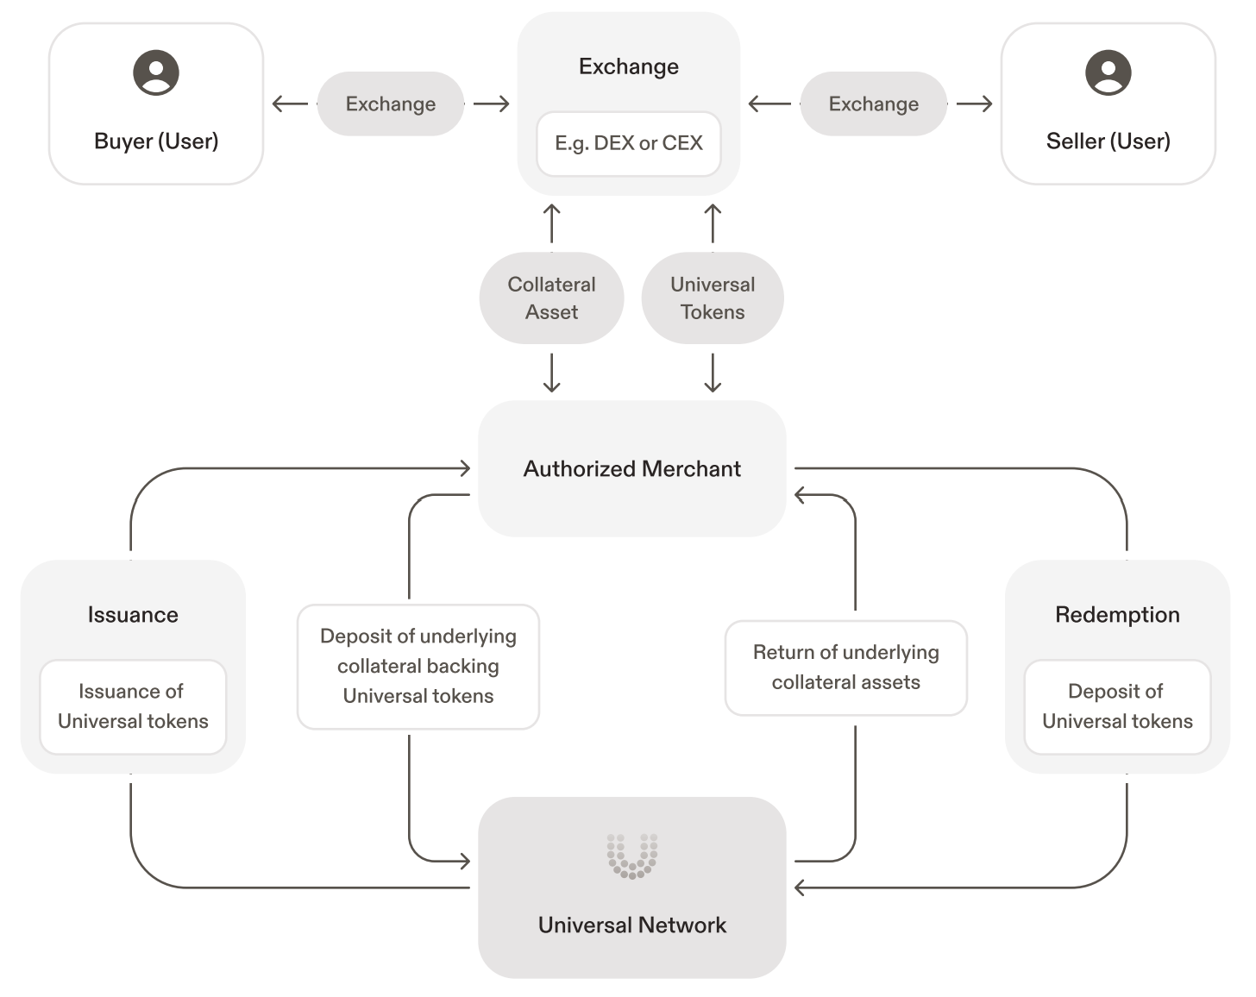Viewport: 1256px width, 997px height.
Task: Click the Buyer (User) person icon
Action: (156, 72)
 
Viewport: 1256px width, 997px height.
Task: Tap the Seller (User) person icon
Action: (1108, 72)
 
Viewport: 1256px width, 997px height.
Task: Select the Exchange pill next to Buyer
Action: (390, 103)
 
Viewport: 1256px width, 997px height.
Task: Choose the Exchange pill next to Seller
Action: (873, 103)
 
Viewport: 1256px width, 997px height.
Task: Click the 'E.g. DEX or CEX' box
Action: (628, 143)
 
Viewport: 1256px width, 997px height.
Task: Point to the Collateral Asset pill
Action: (551, 298)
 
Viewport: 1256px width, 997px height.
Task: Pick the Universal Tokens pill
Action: (713, 298)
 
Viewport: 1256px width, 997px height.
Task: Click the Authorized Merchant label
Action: (631, 468)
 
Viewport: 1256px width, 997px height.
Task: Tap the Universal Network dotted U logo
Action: (631, 856)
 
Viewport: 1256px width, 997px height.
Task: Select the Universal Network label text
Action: (631, 925)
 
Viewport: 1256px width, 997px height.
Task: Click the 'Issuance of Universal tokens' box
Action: (133, 706)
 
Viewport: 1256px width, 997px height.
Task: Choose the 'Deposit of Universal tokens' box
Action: (1117, 706)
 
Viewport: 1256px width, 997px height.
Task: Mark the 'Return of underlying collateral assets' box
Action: (845, 668)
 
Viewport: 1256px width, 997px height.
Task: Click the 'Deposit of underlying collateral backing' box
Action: (418, 666)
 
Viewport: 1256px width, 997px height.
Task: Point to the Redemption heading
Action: (1117, 614)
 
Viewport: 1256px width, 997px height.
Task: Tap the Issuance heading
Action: (133, 614)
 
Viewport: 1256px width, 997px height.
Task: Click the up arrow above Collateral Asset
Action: (552, 223)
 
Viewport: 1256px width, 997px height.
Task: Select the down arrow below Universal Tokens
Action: (713, 373)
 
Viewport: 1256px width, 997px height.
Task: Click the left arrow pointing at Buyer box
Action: (289, 104)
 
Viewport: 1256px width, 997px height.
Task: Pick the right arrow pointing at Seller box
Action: (975, 104)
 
